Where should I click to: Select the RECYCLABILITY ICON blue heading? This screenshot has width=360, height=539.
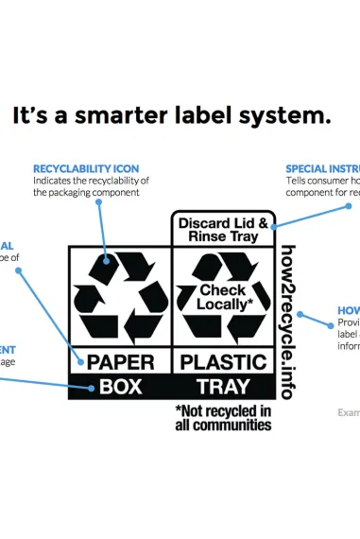point(86,168)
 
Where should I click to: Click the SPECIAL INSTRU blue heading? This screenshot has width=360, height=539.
point(322,168)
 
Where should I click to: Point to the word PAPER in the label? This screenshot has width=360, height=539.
point(120,361)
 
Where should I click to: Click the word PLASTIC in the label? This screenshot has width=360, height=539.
point(223,361)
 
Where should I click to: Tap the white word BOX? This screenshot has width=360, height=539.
point(120,386)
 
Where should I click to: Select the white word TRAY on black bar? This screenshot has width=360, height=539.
point(223,386)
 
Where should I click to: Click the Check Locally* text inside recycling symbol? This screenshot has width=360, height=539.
point(222,298)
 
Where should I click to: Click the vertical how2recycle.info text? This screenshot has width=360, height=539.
point(288,322)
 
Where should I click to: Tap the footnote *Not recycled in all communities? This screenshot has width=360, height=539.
point(223,418)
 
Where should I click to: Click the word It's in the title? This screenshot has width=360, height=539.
point(33,116)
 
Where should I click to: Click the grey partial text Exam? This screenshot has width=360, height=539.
point(349,412)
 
